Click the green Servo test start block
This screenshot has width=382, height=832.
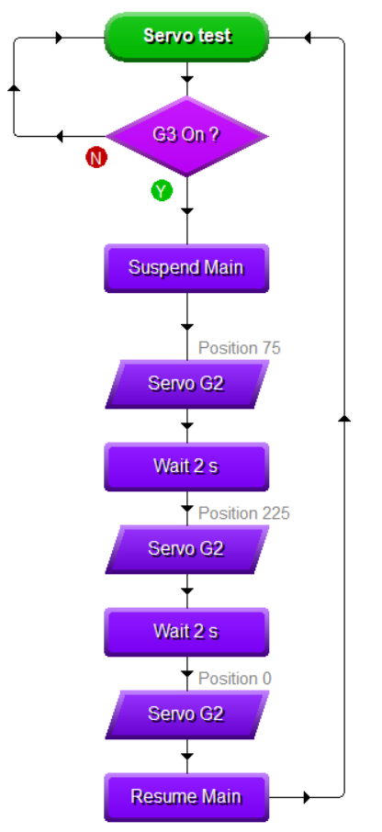[186, 37]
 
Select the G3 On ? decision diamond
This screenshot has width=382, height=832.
[186, 136]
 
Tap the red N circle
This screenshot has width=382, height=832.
[96, 158]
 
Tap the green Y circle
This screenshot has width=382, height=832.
[162, 190]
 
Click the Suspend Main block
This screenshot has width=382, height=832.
[186, 268]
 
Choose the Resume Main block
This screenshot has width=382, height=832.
[186, 797]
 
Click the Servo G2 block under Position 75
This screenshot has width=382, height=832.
[186, 384]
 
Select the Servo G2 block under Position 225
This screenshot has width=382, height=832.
[186, 549]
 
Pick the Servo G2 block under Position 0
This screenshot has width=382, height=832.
[186, 714]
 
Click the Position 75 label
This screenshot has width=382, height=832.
[240, 348]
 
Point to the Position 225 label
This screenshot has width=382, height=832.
[244, 513]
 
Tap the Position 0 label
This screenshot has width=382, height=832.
[234, 679]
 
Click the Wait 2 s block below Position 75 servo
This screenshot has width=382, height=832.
[186, 467]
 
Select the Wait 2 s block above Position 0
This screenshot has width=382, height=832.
[186, 632]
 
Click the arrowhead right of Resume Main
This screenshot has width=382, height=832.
[307, 797]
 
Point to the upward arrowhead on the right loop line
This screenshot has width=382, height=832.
[345, 419]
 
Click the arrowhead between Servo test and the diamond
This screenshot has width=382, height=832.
[186, 80]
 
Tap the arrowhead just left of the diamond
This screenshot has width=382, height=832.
[59, 136]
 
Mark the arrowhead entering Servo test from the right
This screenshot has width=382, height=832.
[307, 38]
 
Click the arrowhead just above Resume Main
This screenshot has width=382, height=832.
[186, 756]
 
